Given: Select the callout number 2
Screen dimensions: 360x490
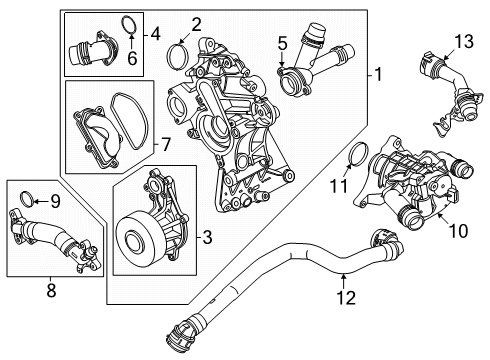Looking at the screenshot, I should click(x=196, y=23).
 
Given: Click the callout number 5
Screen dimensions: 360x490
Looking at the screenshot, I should click(x=283, y=43).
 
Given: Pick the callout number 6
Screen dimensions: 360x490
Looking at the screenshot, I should click(x=132, y=58).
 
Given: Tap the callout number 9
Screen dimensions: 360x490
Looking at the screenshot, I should click(x=55, y=199).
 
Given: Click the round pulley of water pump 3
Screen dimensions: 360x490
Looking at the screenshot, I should click(x=136, y=243).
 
